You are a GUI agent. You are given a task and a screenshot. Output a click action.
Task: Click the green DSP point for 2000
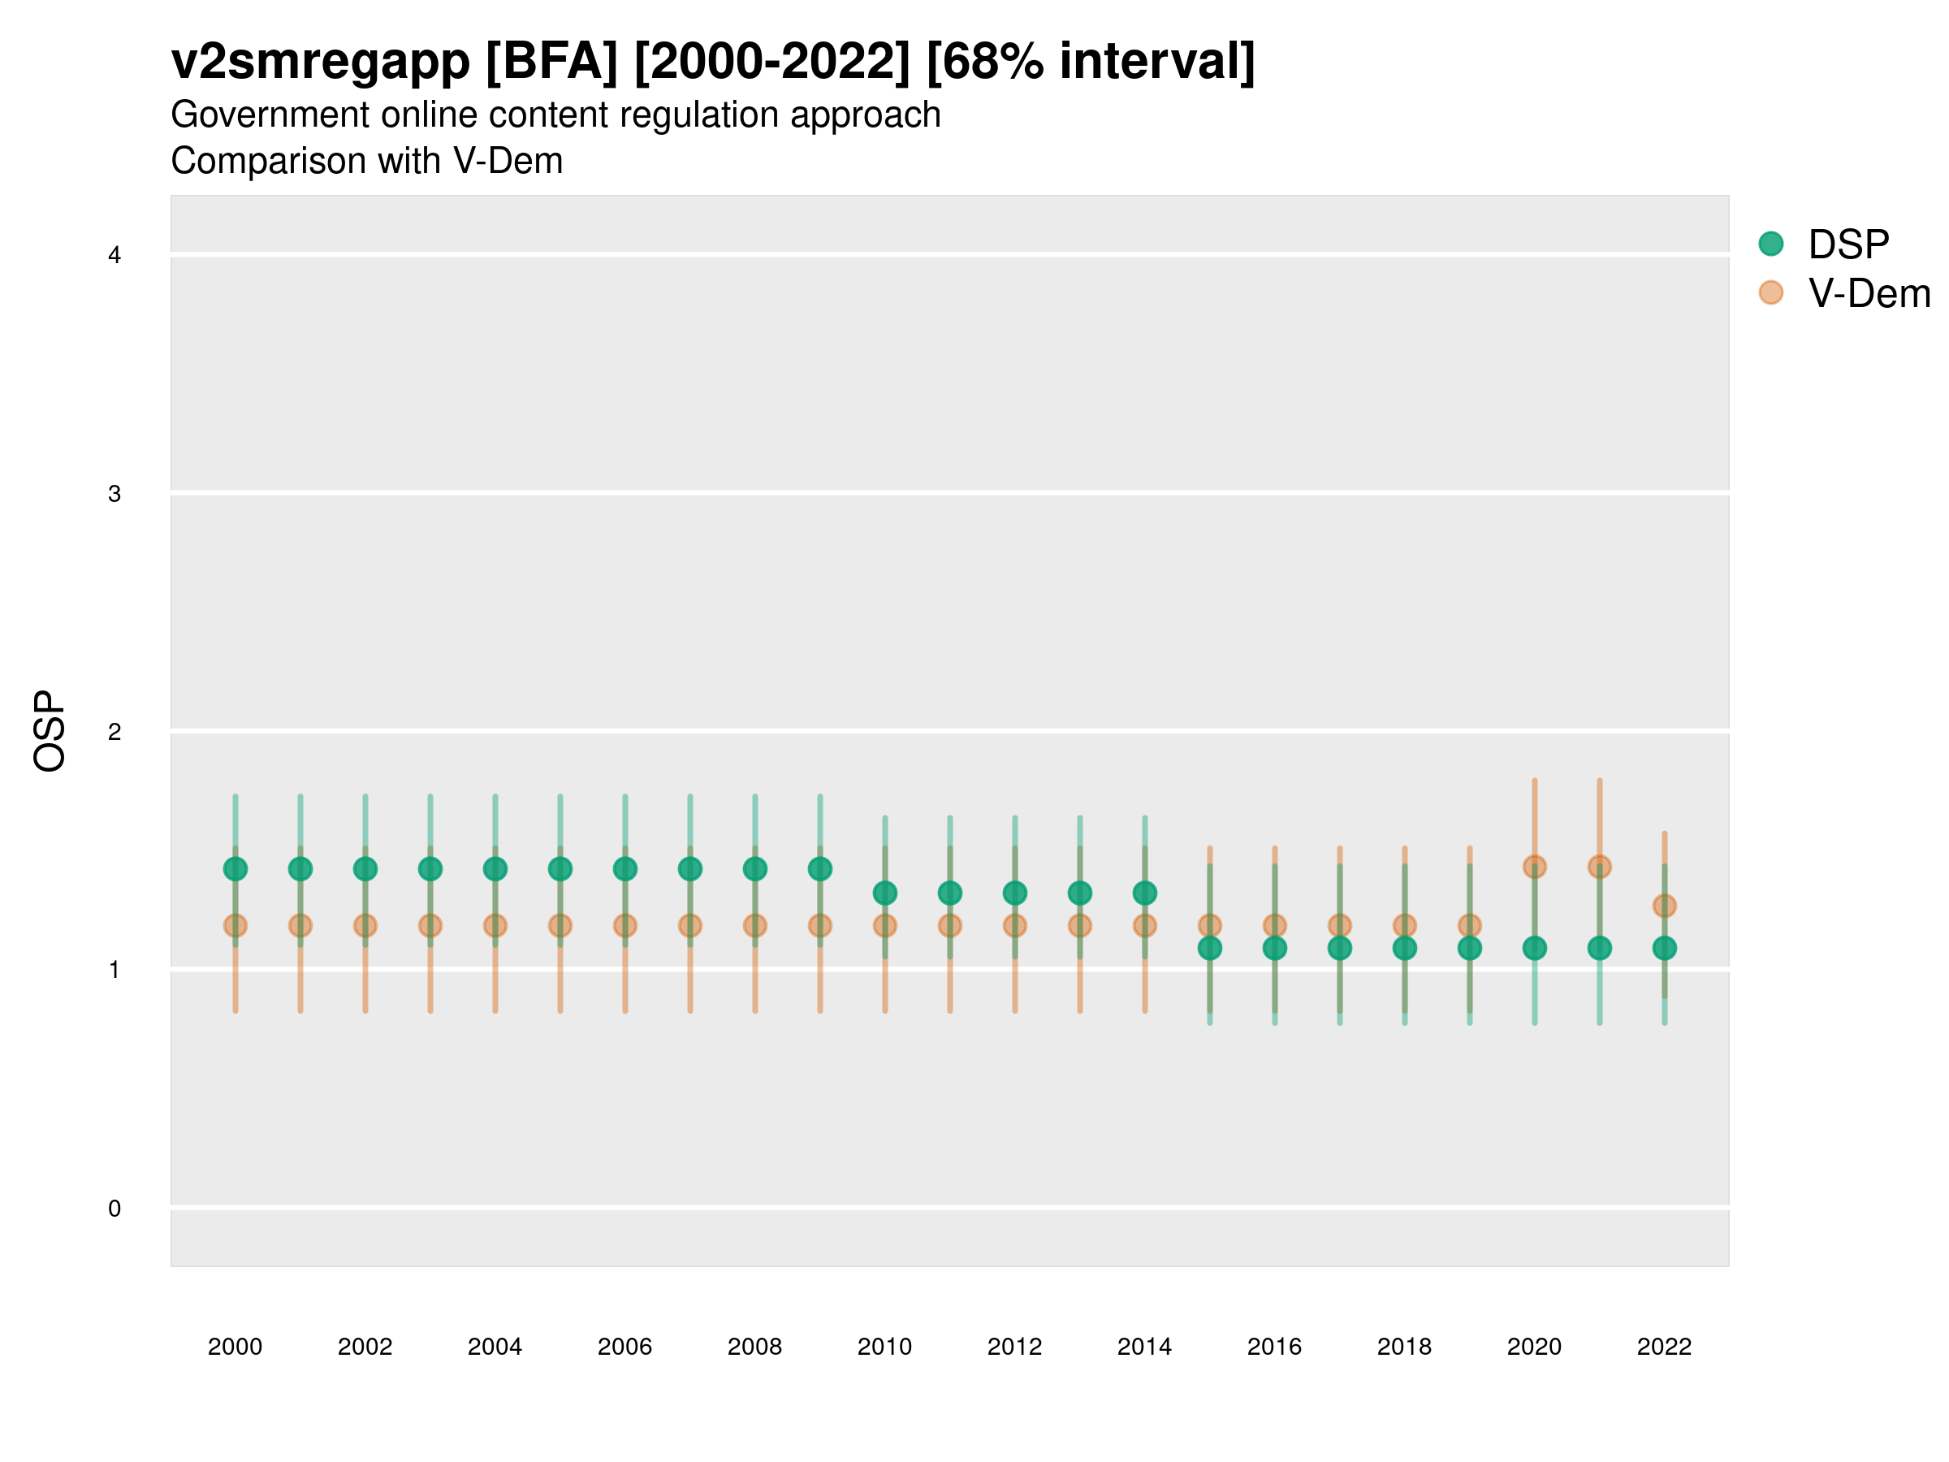click(236, 869)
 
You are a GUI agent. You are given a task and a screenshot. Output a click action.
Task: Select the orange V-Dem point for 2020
click(1534, 867)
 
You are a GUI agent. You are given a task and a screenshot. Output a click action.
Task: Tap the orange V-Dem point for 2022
click(1665, 905)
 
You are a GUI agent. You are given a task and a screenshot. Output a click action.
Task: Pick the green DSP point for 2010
click(884, 893)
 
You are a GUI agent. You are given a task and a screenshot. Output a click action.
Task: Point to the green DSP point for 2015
click(1210, 948)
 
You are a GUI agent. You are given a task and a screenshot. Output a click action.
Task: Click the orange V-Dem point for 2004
click(495, 925)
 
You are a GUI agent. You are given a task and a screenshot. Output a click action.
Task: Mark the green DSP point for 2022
click(1665, 948)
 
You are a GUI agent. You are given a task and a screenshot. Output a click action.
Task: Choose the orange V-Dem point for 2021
click(1599, 867)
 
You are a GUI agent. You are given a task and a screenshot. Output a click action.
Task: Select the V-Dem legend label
click(1869, 293)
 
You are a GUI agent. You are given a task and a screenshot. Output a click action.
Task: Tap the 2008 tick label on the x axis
click(754, 1347)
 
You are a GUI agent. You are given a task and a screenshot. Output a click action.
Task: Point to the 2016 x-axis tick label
click(1274, 1347)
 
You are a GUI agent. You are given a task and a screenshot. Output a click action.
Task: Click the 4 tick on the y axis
click(115, 256)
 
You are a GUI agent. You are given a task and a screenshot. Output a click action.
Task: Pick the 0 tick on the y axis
click(115, 1209)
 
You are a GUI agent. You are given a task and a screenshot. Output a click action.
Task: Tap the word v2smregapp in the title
click(321, 62)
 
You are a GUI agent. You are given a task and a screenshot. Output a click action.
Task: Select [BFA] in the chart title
click(551, 62)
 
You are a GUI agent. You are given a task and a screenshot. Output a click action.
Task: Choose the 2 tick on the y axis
click(115, 732)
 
